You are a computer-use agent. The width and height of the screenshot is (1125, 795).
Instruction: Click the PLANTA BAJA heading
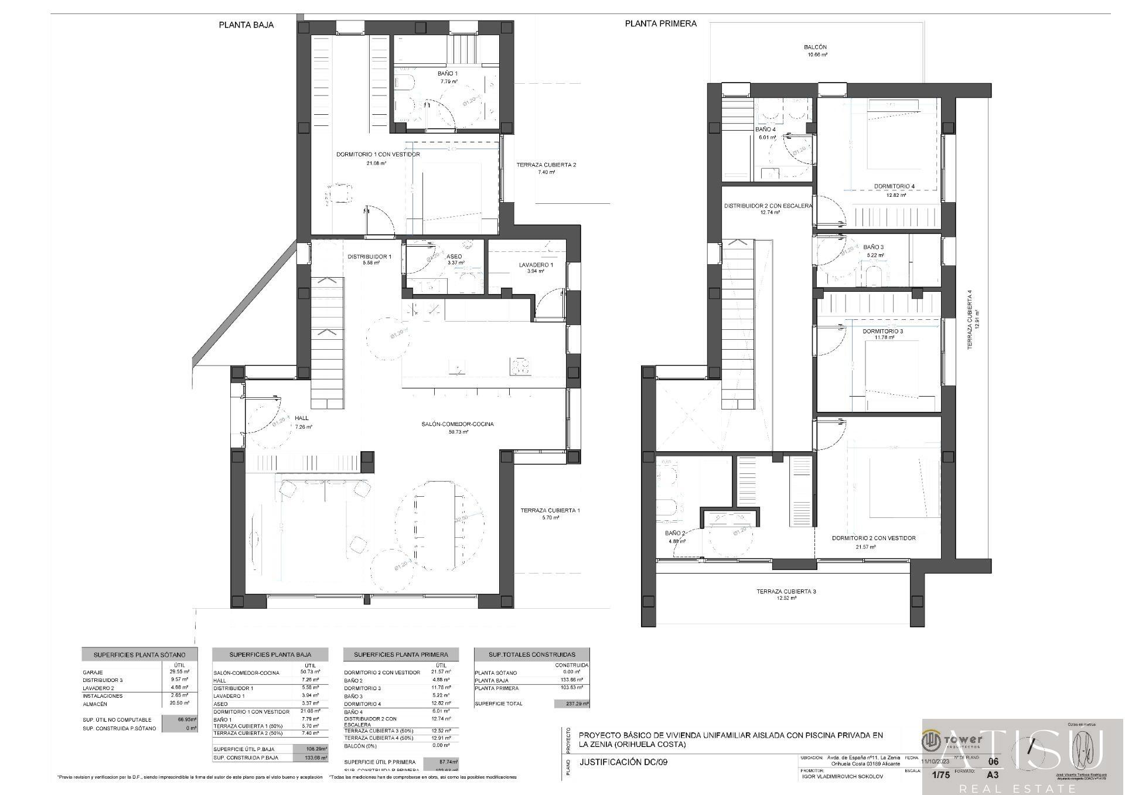246,25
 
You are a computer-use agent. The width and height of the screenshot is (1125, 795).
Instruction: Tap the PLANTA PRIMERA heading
660,23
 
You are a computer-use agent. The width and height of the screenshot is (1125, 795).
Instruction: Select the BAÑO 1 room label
448,74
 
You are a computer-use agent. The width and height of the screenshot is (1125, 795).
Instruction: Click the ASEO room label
454,257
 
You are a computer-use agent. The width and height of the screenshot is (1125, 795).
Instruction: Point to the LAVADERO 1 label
536,265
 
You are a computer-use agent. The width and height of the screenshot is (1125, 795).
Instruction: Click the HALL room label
302,418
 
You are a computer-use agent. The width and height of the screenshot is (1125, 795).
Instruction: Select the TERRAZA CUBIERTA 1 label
550,510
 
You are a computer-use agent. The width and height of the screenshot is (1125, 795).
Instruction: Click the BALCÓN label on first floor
815,47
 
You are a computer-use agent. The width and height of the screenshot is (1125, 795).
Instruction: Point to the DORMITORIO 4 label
894,186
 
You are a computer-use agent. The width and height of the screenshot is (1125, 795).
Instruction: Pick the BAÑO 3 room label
873,247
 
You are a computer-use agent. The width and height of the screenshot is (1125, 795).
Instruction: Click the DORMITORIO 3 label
882,331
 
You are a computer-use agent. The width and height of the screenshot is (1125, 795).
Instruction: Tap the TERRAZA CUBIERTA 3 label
786,591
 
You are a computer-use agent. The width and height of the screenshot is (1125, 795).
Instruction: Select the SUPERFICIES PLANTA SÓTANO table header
139,654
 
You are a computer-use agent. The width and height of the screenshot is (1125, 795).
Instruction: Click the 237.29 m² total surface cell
572,704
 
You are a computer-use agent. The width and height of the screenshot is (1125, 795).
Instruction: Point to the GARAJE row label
93,673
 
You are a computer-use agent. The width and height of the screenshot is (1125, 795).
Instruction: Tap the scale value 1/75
940,774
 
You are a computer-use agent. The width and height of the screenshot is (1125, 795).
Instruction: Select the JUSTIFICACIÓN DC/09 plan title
623,762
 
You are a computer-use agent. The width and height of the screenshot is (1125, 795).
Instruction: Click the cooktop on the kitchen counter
520,367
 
